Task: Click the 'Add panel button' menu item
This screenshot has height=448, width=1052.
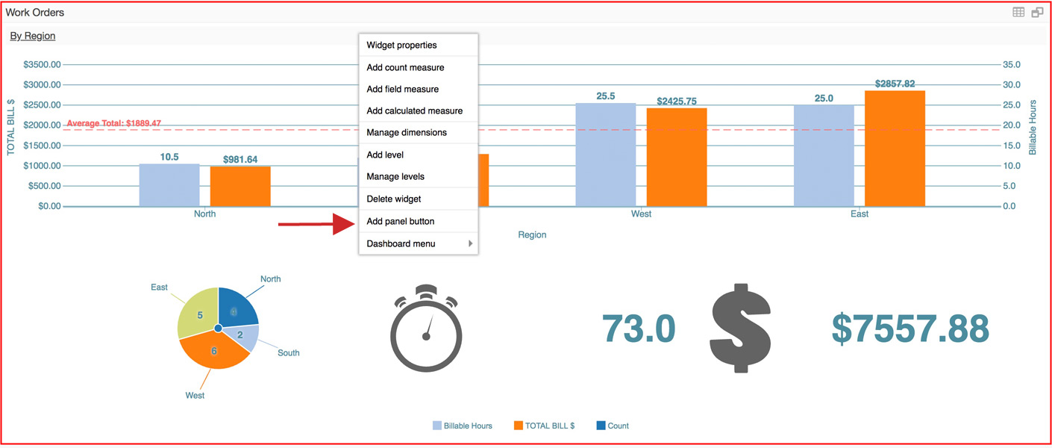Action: tap(401, 221)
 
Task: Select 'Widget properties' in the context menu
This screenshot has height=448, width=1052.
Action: tap(401, 45)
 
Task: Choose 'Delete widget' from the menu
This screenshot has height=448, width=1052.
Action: tap(394, 199)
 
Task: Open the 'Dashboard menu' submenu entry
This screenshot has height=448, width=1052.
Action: tap(401, 243)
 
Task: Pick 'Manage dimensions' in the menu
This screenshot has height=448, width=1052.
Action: tap(407, 132)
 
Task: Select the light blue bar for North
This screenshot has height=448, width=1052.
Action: tap(169, 184)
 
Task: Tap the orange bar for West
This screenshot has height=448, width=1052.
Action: tap(677, 157)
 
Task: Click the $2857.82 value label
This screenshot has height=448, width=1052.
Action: tap(895, 84)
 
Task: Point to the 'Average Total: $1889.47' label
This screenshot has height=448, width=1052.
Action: tap(114, 123)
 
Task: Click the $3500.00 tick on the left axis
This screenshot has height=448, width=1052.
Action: tap(42, 65)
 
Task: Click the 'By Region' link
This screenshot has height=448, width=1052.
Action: tap(33, 36)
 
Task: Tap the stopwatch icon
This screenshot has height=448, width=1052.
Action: tap(426, 329)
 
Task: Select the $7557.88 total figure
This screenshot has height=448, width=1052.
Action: tap(910, 329)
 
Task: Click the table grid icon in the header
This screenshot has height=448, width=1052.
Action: tap(1018, 12)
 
